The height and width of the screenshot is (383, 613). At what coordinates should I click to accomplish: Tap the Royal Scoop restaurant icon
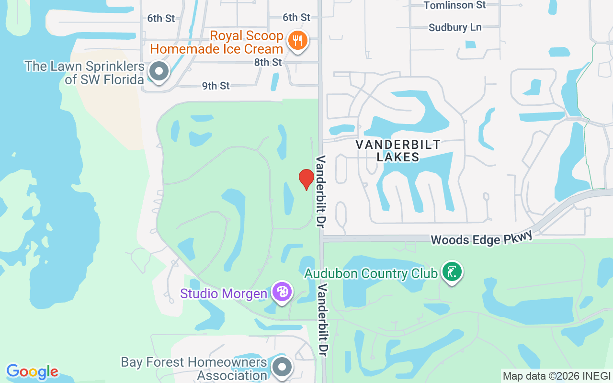point(297,41)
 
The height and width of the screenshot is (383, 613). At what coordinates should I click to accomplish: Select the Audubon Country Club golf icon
point(451,272)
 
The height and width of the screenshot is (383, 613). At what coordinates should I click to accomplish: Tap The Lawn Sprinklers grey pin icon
point(159,72)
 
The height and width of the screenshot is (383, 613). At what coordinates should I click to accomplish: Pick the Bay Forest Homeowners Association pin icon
point(282,367)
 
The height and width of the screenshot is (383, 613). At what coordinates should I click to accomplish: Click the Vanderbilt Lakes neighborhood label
point(398,150)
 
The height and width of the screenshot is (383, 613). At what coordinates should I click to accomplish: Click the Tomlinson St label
point(454,5)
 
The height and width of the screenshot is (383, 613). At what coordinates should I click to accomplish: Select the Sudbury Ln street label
point(455,27)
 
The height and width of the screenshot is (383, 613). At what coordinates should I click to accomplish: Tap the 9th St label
point(216,86)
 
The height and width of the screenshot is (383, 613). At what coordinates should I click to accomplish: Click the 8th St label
point(268,62)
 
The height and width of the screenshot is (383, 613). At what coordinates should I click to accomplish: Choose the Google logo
point(32,372)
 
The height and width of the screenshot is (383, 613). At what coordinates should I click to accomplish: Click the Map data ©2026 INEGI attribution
point(556,376)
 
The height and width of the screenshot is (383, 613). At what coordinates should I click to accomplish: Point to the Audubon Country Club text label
point(371,273)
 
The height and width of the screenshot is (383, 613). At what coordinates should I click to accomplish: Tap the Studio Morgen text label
point(223,293)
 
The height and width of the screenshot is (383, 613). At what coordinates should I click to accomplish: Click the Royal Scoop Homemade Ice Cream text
point(217,42)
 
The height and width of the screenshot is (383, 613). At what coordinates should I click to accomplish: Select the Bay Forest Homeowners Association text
point(194,368)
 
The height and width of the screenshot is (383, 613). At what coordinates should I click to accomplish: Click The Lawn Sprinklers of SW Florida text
point(85,72)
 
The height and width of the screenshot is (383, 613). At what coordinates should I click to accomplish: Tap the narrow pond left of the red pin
point(288,198)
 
